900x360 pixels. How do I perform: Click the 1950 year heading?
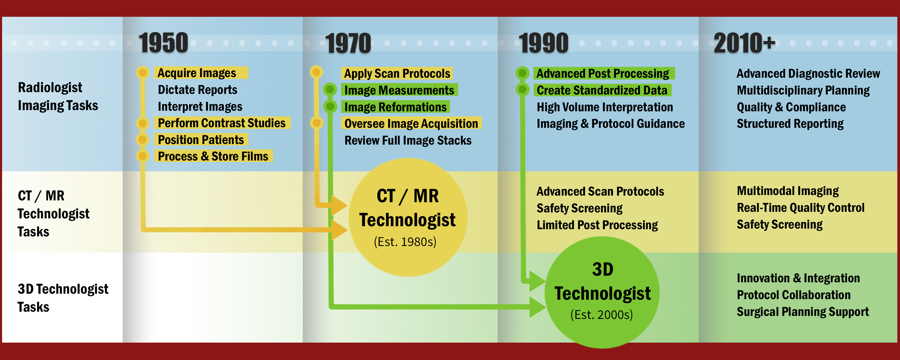(x=163, y=43)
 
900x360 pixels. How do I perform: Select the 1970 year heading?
(x=348, y=43)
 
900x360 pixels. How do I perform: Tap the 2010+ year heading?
(x=745, y=43)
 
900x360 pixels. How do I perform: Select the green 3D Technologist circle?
(x=602, y=292)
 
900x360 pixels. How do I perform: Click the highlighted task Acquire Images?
(x=197, y=73)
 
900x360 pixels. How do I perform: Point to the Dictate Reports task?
(x=197, y=90)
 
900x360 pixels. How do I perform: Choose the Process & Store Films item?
(x=213, y=156)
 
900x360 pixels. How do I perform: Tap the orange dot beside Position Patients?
(x=142, y=139)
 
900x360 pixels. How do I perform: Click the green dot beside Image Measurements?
(x=330, y=89)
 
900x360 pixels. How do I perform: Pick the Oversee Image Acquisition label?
(x=411, y=123)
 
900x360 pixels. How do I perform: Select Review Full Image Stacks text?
(x=408, y=140)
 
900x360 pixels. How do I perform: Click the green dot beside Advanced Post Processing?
(x=522, y=73)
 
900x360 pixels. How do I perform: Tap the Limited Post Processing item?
(x=597, y=225)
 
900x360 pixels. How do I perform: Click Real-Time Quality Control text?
(x=800, y=208)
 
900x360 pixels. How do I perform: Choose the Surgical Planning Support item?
(x=802, y=312)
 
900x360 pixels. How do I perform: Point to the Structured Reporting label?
(x=790, y=124)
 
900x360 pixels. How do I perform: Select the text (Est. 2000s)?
(x=601, y=315)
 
